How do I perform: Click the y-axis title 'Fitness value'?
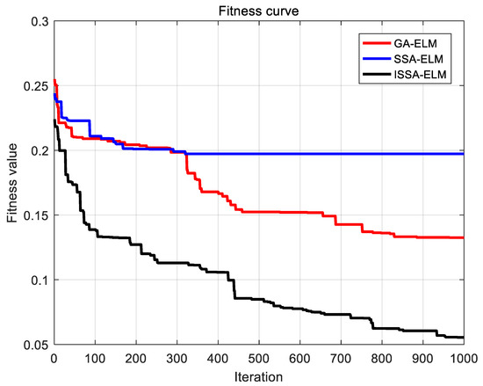pos(11,182)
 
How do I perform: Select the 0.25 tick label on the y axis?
pos(34,86)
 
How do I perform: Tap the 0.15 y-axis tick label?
pos(34,215)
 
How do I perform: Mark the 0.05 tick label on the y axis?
pos(34,345)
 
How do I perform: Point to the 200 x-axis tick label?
pos(136,359)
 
